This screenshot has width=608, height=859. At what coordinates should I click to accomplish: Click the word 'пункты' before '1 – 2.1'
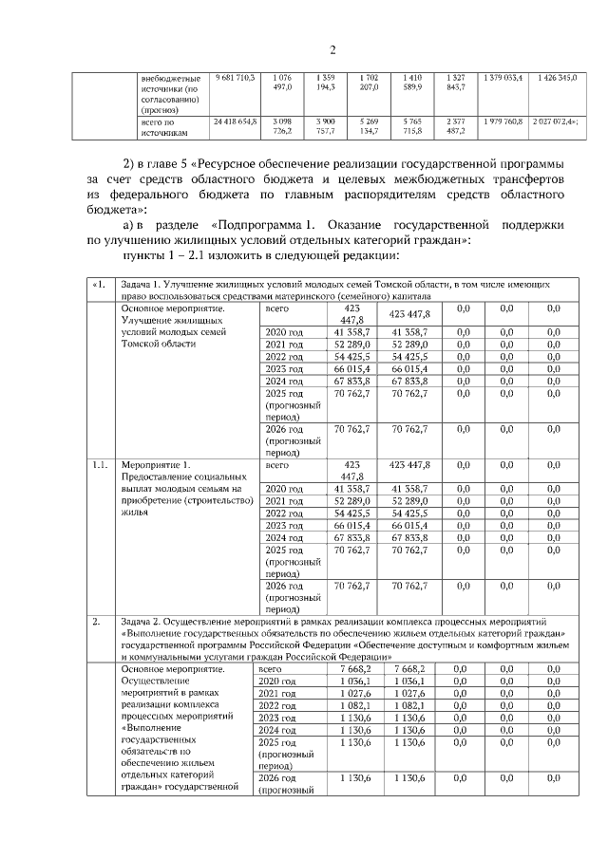point(146,256)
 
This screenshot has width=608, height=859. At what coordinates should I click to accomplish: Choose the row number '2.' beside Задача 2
point(97,623)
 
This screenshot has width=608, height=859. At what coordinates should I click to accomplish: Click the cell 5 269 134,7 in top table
point(369,128)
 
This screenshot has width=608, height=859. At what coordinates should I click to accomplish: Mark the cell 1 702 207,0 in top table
point(369,81)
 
